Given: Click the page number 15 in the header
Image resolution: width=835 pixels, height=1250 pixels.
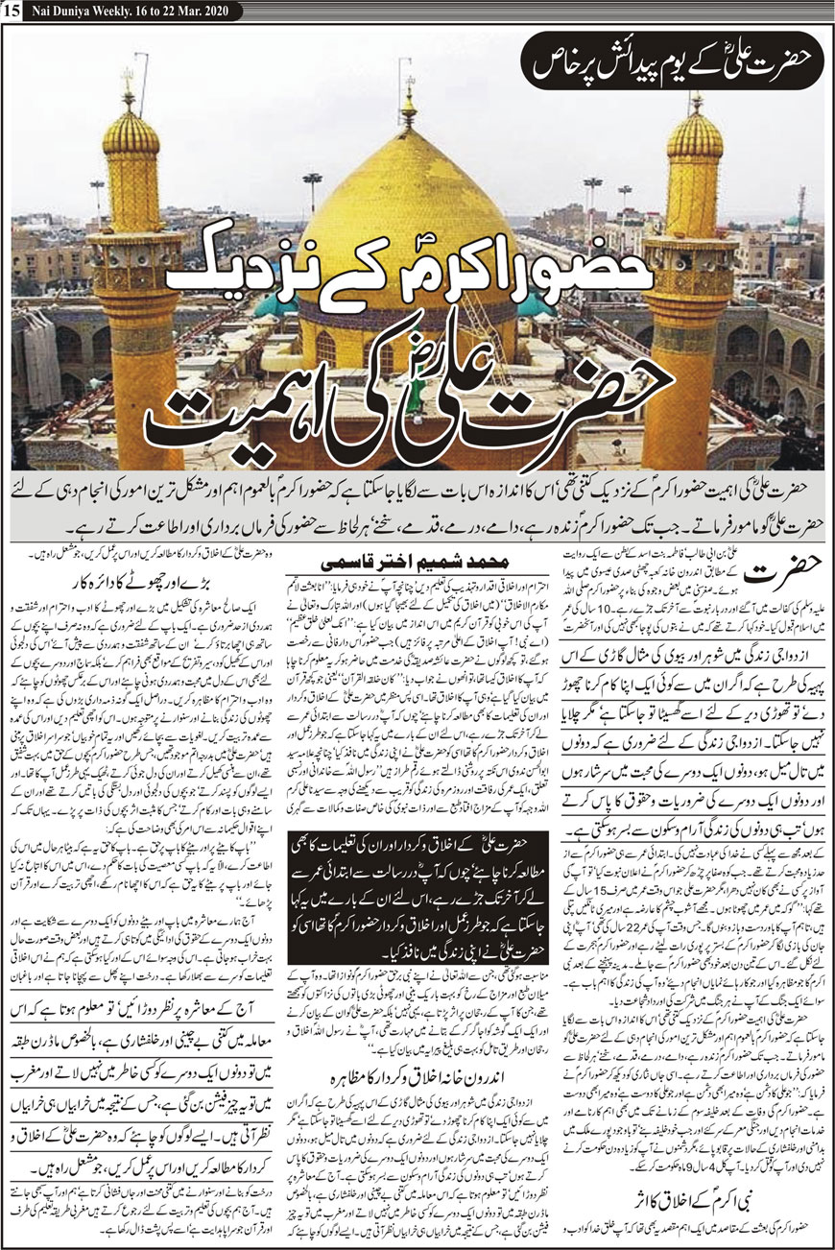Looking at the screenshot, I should pyautogui.click(x=11, y=11).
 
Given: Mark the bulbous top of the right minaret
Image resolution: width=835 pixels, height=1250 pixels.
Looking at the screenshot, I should pyautogui.click(x=696, y=135).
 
